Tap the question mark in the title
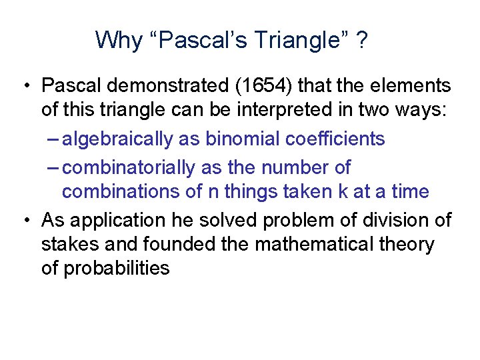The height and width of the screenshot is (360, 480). click(361, 40)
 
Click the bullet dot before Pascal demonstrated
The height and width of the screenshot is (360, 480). click(25, 86)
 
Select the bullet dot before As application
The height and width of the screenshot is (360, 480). click(25, 219)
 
